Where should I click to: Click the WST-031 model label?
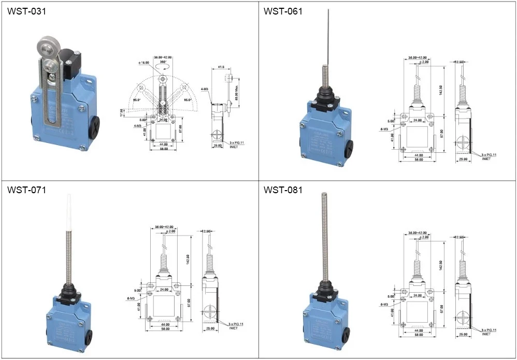[x=26, y=11]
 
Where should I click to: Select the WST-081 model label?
[x=283, y=190]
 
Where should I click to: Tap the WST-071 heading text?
[x=26, y=190]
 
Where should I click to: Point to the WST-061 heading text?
[x=283, y=11]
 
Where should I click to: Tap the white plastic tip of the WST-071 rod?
[x=69, y=210]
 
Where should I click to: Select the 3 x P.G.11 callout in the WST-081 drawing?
[x=489, y=329]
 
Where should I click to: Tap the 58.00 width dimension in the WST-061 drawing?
[x=418, y=160]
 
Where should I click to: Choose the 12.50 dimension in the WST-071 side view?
[x=208, y=231]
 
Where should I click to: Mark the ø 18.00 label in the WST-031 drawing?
[x=144, y=62]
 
